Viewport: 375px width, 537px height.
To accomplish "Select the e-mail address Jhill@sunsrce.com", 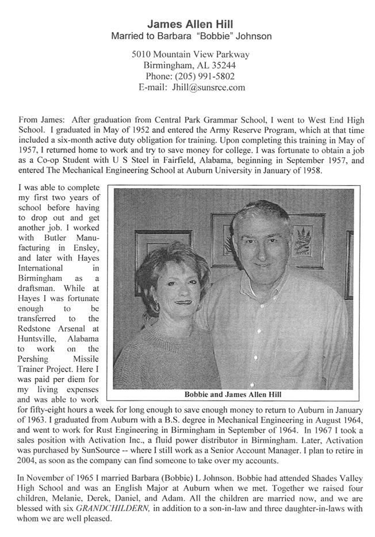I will (x=208, y=87).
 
